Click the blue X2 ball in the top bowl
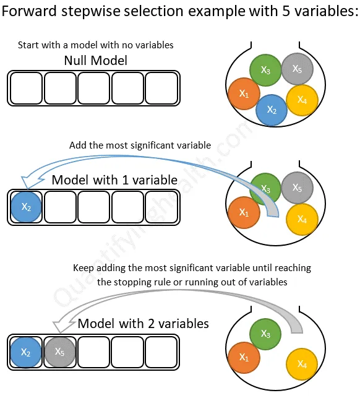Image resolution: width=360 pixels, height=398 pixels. [x=272, y=110]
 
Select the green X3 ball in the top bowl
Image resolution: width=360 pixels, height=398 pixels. [x=265, y=70]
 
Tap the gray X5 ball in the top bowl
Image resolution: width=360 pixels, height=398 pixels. [x=297, y=68]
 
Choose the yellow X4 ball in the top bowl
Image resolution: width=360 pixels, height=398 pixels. [x=302, y=100]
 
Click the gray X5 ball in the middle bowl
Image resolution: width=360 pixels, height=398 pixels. [x=297, y=188]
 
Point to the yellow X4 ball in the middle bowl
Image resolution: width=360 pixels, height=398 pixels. [x=302, y=219]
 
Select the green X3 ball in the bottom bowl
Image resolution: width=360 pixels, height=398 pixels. [x=265, y=334]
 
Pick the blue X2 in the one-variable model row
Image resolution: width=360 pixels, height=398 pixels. [x=26, y=207]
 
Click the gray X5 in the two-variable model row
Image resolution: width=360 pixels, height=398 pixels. [x=59, y=352]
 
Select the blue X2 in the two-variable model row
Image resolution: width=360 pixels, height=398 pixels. [x=26, y=352]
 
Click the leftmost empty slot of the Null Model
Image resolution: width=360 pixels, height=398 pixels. [x=26, y=88]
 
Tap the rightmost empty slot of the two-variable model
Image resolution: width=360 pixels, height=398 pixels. [x=161, y=352]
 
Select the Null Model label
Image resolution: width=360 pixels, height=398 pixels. [x=95, y=61]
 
